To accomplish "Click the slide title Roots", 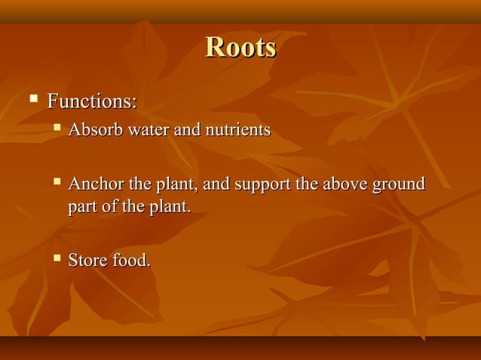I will tap(240, 47).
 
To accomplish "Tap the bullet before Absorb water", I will tap(57, 129).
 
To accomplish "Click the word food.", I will tap(132, 261).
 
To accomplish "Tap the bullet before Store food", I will tap(57, 260).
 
